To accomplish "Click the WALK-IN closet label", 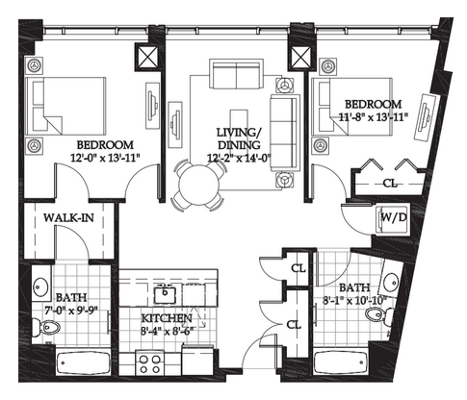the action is [68, 218].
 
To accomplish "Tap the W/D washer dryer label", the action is [394, 217].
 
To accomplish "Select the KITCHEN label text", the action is [167, 318].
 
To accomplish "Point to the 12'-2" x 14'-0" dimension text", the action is [240, 158].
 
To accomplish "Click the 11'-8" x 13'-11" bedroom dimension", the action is [374, 117].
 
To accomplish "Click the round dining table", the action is [199, 186].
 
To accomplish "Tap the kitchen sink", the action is [165, 295].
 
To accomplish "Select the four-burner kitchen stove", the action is [149, 362].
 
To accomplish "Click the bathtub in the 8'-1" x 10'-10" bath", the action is [341, 362].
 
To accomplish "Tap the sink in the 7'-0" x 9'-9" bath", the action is [40, 286].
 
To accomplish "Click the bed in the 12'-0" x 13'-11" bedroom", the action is [65, 106].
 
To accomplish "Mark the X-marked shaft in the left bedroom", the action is [148, 57].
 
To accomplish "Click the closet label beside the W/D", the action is [390, 184].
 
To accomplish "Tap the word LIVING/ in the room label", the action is [240, 132].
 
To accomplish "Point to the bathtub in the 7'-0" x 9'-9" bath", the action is [84, 362].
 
